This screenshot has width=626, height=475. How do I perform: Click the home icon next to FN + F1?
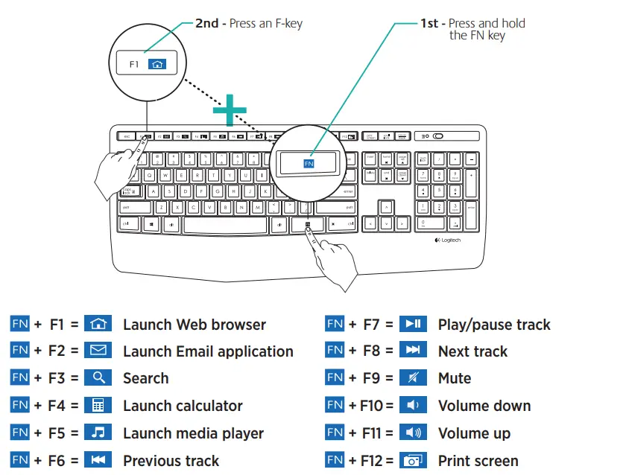point(98,324)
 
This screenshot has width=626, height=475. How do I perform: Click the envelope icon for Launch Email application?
point(98,351)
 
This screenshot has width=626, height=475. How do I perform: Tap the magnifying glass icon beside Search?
point(98,378)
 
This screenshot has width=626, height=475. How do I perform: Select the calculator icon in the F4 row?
point(98,406)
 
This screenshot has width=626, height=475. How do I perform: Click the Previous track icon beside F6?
point(98,460)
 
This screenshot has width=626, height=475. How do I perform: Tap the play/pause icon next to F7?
point(413,324)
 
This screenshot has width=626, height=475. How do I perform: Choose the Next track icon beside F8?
point(413,351)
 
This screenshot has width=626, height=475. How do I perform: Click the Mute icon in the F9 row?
point(413,378)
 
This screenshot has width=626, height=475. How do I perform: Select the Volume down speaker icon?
point(413,406)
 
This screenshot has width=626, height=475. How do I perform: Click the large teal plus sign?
point(230,112)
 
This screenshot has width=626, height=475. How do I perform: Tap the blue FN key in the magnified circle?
point(309,162)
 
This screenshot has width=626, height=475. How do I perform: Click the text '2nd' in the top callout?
point(206,23)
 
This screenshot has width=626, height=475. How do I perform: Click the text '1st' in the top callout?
point(429,23)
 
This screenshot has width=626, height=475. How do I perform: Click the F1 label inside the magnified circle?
point(134,64)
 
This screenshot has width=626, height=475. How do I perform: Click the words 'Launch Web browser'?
point(194,325)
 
